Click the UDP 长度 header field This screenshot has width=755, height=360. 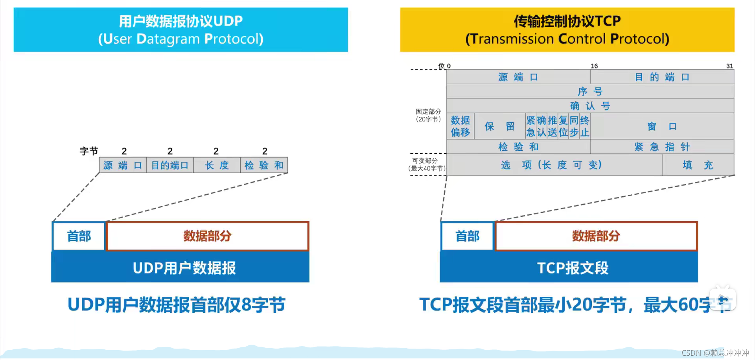click(217, 165)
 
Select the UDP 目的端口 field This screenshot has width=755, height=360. click(170, 165)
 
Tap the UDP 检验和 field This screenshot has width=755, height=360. click(264, 165)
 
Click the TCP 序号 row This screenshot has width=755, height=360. click(590, 91)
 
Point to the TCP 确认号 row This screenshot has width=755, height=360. click(590, 106)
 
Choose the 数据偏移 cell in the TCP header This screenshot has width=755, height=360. click(460, 126)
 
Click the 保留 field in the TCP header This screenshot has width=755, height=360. click(500, 126)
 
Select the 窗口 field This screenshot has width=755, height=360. click(662, 126)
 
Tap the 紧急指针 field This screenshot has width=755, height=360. click(662, 147)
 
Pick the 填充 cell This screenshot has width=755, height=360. click(698, 165)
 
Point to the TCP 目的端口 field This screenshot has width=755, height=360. click(662, 77)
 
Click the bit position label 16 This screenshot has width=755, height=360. click(594, 66)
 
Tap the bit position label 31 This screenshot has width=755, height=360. click(729, 66)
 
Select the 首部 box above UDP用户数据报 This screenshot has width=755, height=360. click(79, 236)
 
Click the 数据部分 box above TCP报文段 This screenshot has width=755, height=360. click(596, 236)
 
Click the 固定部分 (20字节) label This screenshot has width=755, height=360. click(428, 115)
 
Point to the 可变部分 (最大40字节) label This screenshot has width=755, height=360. click(426, 164)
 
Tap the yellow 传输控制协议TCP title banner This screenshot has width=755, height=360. click(567, 30)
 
